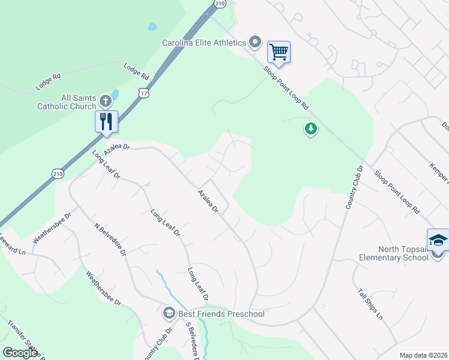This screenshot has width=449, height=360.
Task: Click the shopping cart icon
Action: (279, 52)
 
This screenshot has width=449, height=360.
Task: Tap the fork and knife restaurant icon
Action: (106, 121)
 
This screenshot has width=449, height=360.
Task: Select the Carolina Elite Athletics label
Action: (204, 43)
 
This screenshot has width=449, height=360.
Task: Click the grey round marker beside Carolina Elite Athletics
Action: (255, 42)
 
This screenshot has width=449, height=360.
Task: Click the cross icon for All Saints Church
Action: (105, 100)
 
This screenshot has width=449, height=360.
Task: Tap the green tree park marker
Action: (310, 128)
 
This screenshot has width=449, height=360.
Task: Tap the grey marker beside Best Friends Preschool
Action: (169, 313)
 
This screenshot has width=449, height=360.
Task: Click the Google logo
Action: (20, 353)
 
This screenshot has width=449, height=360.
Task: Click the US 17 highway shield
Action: (142, 93)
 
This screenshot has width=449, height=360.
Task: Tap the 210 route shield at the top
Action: (220, 4)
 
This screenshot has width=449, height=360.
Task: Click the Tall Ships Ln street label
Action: (370, 305)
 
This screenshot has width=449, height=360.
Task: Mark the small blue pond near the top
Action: (152, 27)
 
